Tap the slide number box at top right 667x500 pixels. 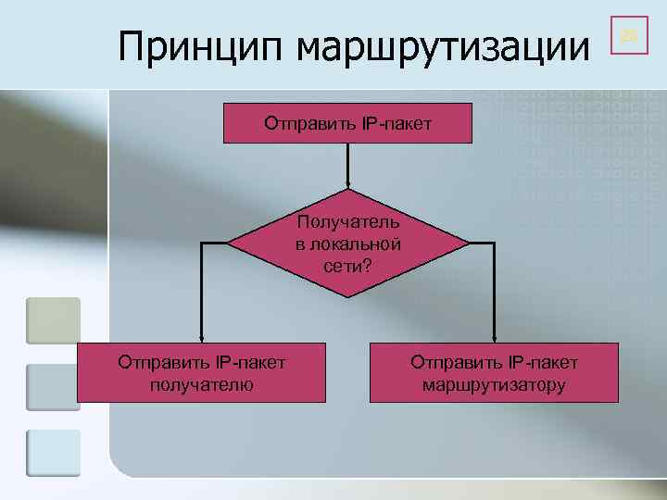click(x=629, y=36)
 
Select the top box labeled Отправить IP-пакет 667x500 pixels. click(x=347, y=123)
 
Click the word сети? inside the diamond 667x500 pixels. click(x=347, y=265)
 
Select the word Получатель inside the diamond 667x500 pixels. click(x=347, y=222)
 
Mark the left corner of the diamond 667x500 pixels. click(x=230, y=244)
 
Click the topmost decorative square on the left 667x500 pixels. click(x=53, y=320)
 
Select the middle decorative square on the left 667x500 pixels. click(x=53, y=387)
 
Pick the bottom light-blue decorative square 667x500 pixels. click(x=53, y=453)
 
